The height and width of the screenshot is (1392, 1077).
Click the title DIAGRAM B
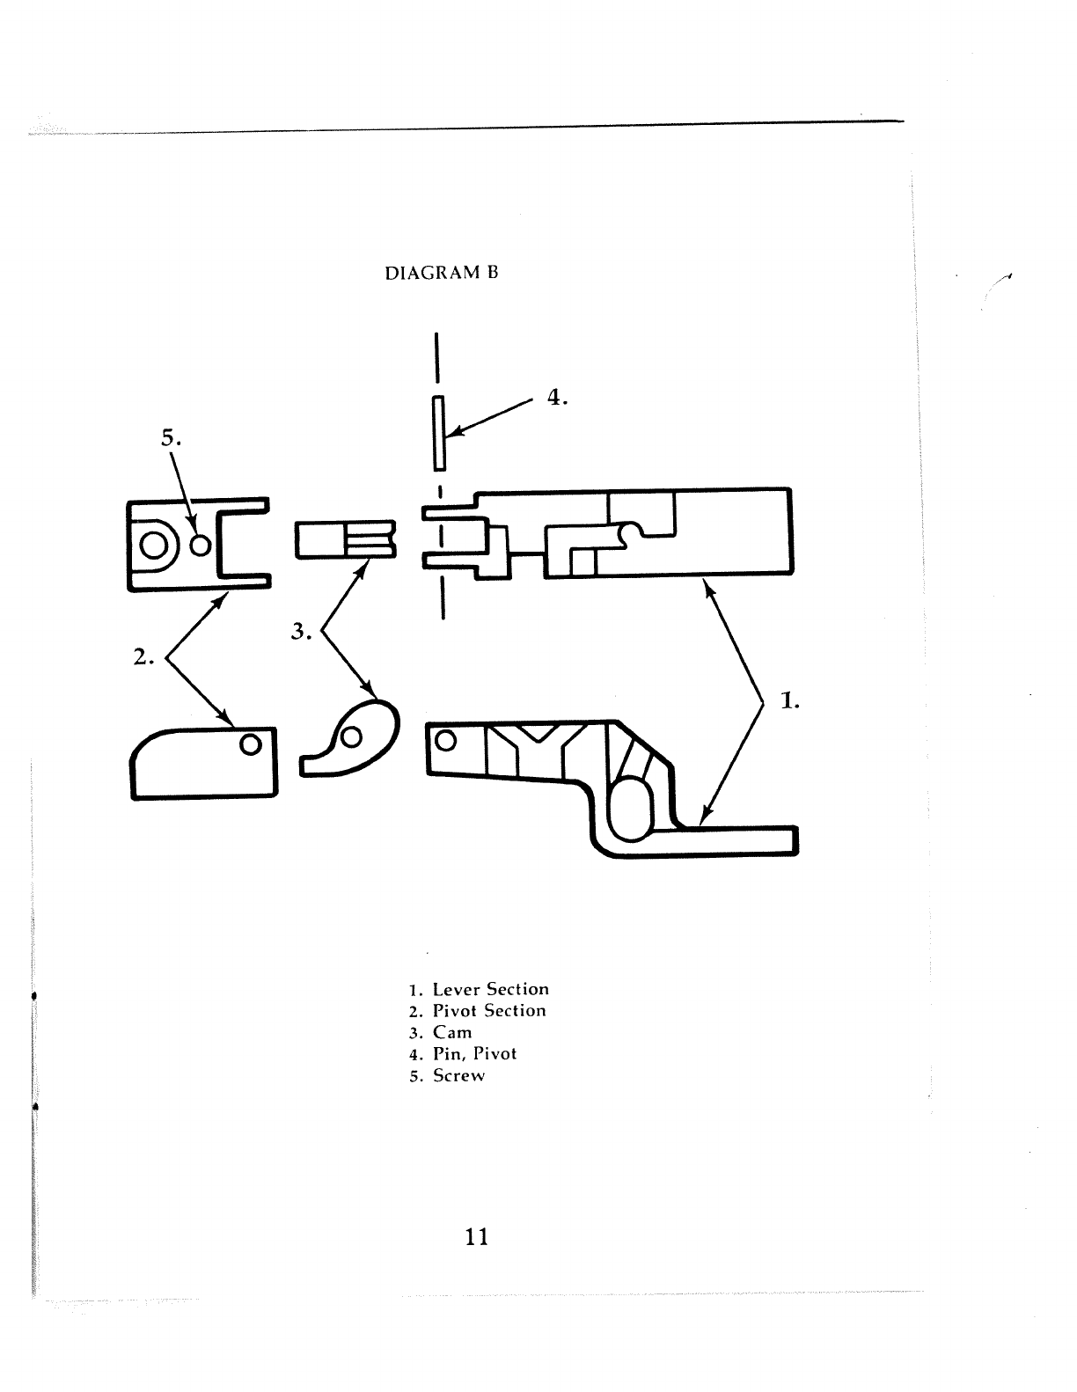(442, 273)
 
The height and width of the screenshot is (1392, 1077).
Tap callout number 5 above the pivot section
(170, 437)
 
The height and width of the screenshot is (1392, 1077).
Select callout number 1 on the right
(789, 701)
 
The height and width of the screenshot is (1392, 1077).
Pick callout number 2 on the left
(143, 656)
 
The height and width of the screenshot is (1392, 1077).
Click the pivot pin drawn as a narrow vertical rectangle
(438, 433)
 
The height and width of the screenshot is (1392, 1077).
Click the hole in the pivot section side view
(250, 744)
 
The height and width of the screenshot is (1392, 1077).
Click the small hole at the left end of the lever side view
(446, 740)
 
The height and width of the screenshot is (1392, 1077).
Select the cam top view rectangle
(346, 540)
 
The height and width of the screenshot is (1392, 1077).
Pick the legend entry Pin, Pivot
(474, 1053)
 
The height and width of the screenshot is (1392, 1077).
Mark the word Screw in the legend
(458, 1075)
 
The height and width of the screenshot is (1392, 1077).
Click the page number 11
(476, 1236)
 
